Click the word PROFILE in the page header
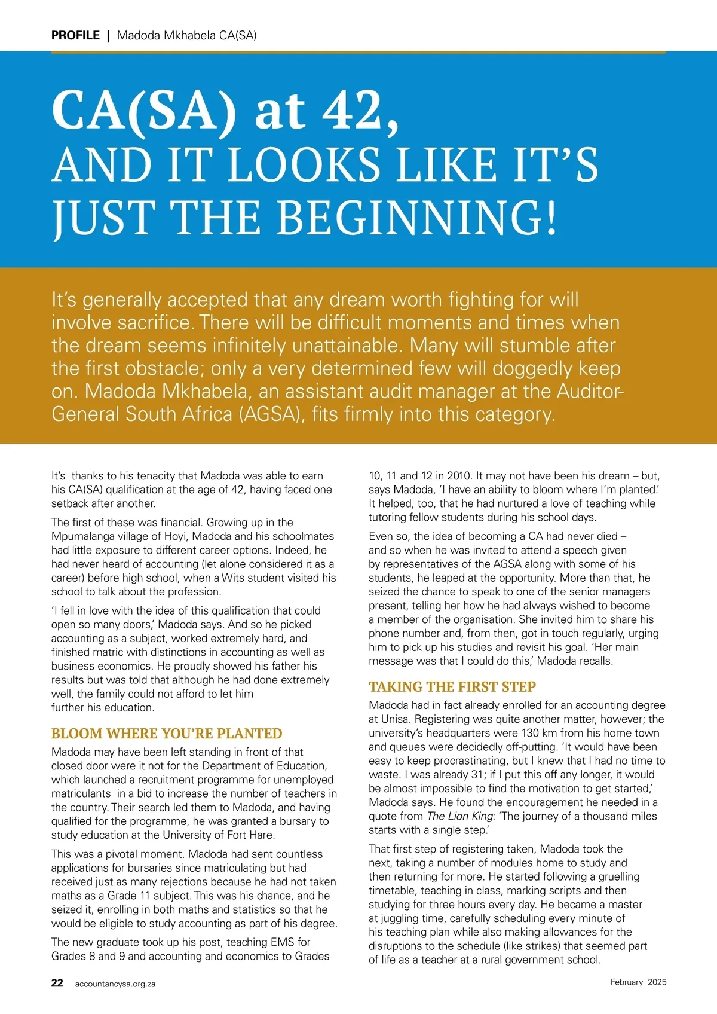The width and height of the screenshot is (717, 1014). pos(75,35)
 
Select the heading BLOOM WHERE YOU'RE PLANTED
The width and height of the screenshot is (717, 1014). pos(167,734)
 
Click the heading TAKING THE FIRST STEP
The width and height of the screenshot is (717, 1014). pos(452,686)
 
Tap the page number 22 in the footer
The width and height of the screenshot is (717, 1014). pos(57,982)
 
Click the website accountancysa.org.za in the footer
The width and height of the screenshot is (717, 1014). pos(115,984)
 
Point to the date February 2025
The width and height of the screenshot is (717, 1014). pos(638,982)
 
